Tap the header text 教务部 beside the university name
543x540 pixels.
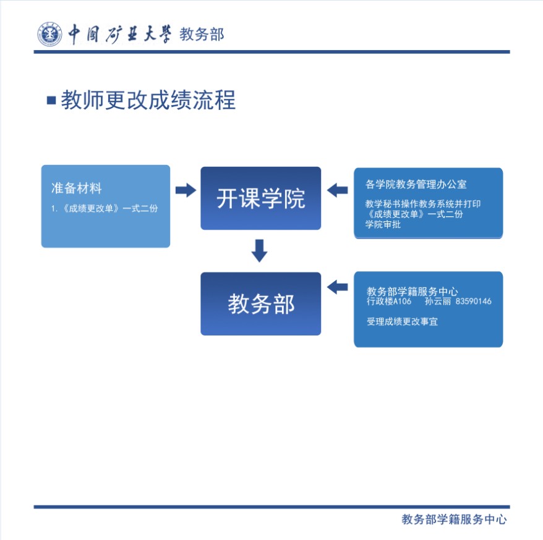[202, 35]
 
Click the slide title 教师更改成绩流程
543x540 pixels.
[148, 100]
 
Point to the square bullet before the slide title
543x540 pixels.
[51, 100]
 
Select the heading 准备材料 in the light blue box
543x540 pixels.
[76, 188]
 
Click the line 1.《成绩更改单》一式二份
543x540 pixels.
[105, 208]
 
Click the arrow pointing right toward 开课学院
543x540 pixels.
[185, 190]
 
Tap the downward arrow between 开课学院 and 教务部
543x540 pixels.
[260, 251]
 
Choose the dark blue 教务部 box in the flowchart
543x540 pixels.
[260, 304]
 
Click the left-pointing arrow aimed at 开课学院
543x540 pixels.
[337, 190]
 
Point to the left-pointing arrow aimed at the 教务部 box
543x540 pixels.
[337, 287]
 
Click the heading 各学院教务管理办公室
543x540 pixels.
[416, 184]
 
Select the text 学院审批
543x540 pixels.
[383, 224]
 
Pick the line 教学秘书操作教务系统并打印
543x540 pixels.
[423, 204]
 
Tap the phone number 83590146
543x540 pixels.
[473, 302]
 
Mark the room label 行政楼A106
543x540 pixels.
[388, 302]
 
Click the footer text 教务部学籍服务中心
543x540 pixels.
[454, 520]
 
